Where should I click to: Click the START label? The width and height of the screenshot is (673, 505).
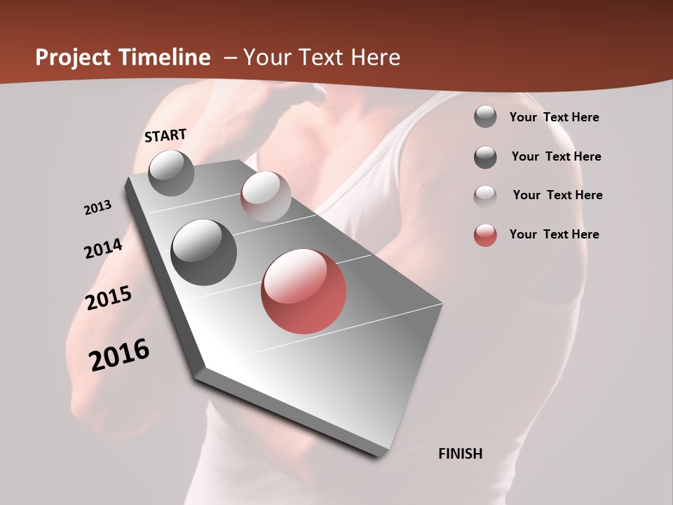[165, 135]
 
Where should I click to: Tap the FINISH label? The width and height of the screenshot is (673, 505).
[460, 454]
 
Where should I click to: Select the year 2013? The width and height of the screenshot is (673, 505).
[97, 208]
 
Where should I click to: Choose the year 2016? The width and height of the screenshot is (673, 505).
[119, 355]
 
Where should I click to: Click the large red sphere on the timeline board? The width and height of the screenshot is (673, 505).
[304, 291]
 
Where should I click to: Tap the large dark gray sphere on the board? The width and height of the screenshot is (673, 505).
[203, 252]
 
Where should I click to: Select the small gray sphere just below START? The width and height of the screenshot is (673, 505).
[171, 173]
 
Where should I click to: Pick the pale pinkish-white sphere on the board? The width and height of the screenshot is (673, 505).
[266, 196]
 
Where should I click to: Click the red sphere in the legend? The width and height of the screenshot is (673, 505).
[485, 235]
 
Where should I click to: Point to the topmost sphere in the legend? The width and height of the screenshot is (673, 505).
[485, 116]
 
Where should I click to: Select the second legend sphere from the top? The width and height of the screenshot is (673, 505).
[485, 157]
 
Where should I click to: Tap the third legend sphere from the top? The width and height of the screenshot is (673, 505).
[485, 196]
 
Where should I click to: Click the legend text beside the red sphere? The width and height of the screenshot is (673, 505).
[554, 234]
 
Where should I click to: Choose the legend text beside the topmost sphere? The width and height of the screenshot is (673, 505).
[554, 117]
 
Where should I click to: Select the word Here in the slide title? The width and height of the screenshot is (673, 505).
[375, 58]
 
